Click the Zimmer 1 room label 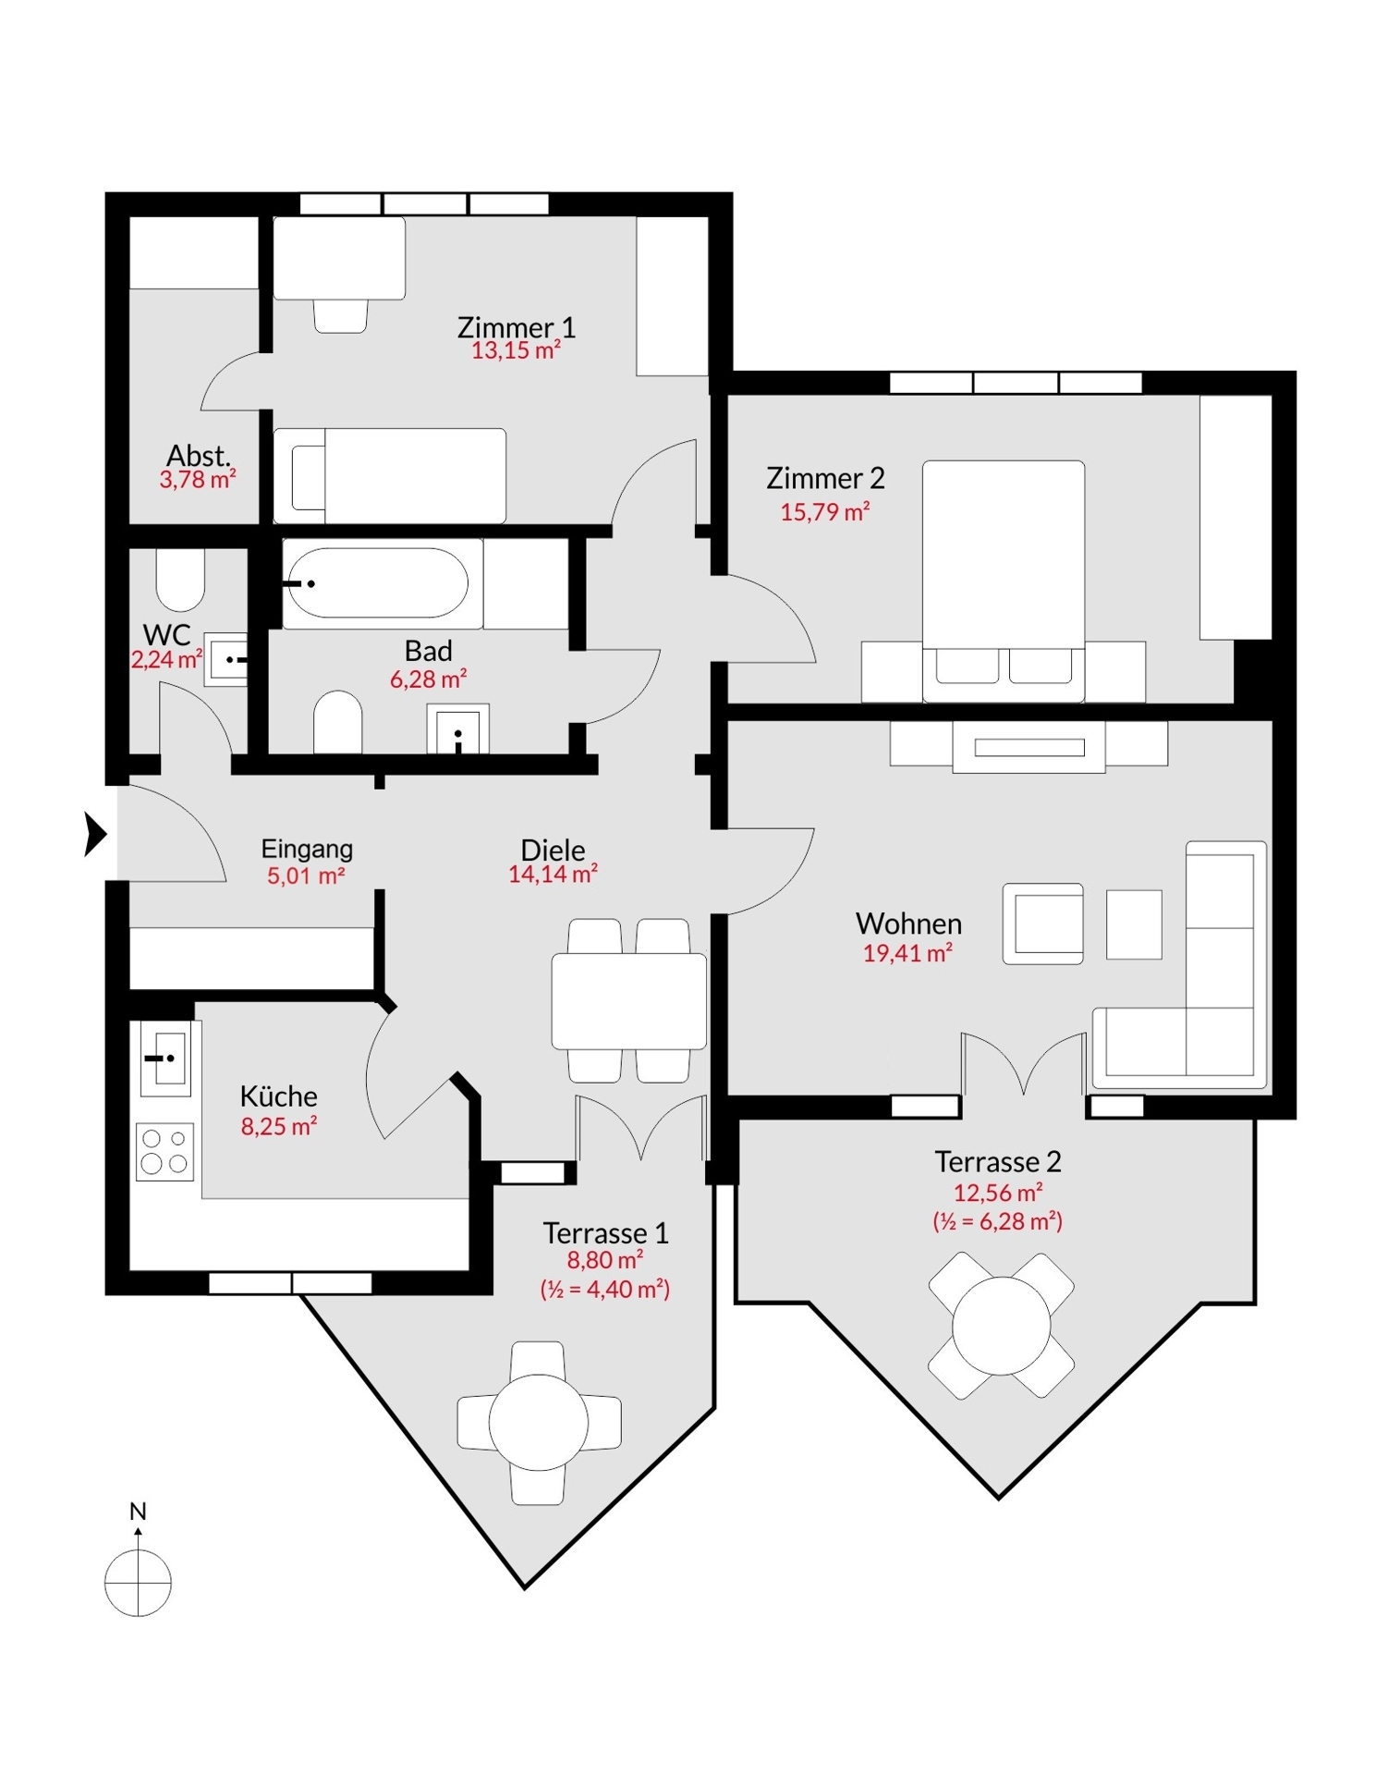tap(516, 327)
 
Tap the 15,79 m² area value tap(824, 511)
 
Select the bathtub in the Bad tap(375, 582)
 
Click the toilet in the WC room tap(180, 580)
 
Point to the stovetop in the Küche tap(164, 1151)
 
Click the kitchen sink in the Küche tap(164, 1059)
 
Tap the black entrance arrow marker tap(95, 834)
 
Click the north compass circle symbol tap(138, 1583)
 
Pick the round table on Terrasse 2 tap(1002, 1325)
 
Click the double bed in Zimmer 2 tap(1004, 581)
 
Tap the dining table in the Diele tap(629, 1001)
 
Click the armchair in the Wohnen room tap(1043, 924)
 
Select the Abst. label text tap(198, 456)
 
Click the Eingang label tap(307, 849)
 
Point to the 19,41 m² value tap(907, 953)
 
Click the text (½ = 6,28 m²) tap(997, 1221)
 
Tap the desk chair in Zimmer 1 tap(340, 315)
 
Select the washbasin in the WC tap(225, 659)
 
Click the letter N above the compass tap(138, 1512)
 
